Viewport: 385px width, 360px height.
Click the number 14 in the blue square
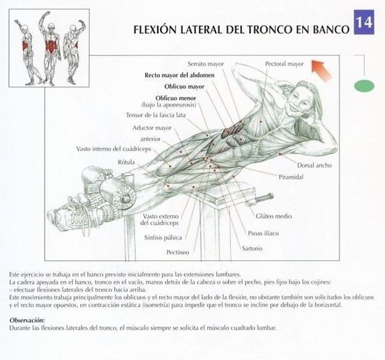pos(365,22)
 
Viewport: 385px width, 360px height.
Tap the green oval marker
pos(364,85)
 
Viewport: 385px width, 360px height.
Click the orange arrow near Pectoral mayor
pos(322,66)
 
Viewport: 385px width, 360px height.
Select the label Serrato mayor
pos(205,64)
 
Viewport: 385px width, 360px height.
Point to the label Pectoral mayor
pos(284,64)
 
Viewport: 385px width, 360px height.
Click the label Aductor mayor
pos(153,127)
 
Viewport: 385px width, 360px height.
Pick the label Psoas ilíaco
pos(264,233)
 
